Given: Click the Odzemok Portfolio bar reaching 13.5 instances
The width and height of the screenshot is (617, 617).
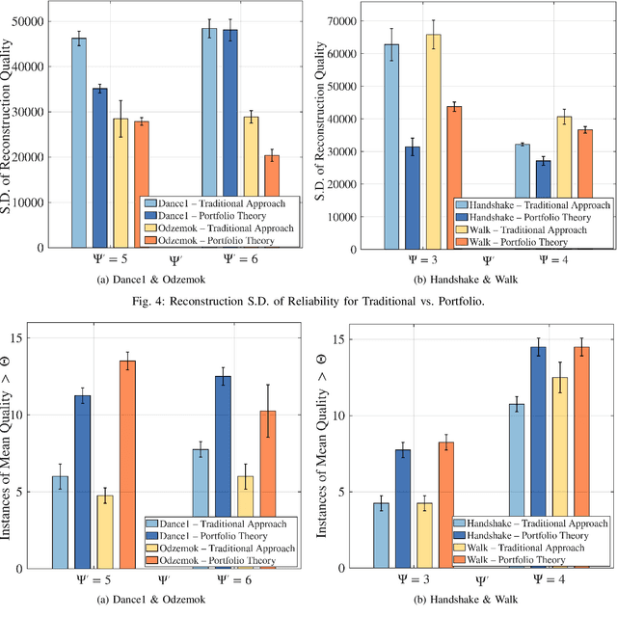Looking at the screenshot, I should (127, 464).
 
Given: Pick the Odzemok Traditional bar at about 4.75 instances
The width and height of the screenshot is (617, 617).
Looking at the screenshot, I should (105, 531).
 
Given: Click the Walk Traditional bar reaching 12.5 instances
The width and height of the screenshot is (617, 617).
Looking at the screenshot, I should (559, 472).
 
